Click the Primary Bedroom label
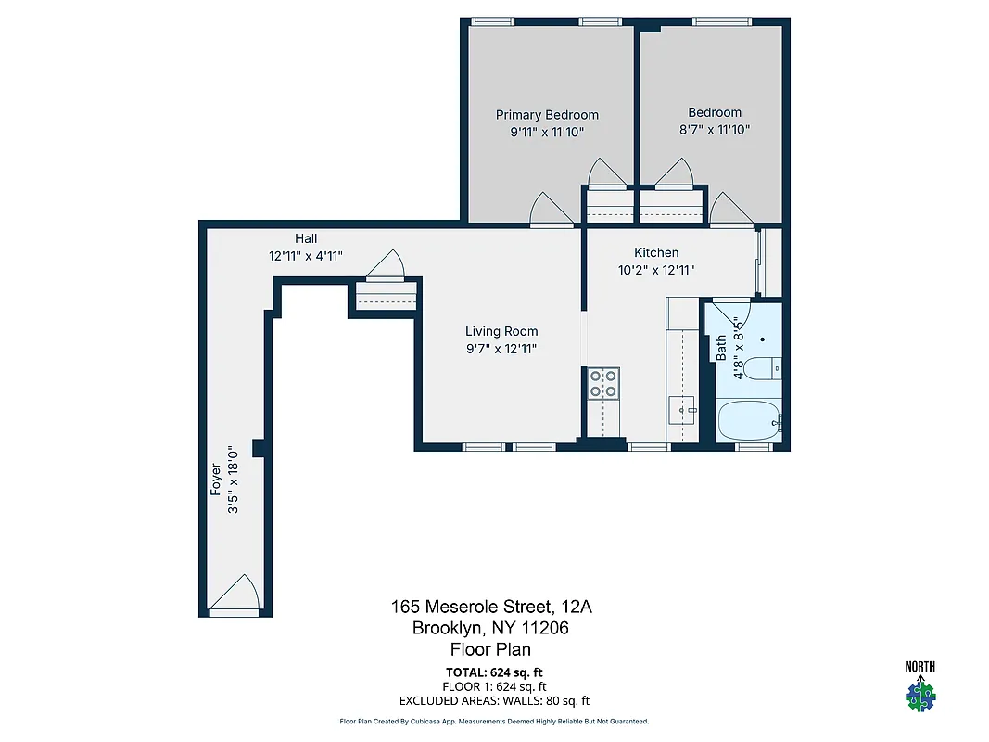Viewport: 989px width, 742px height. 547,115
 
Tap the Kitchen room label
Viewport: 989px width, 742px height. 656,252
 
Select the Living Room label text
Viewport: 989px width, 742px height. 501,331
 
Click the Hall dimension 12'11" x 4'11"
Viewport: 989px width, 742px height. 306,256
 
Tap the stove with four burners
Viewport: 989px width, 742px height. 602,383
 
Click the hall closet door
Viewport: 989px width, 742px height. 385,266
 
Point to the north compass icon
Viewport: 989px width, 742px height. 919,688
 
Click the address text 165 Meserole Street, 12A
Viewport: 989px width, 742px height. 490,607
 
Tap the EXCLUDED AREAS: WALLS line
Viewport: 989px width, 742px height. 494,701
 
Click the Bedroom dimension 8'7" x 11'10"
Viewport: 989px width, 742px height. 714,130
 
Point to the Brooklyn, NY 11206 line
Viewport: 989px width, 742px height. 490,628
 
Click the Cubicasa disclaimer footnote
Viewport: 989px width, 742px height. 494,721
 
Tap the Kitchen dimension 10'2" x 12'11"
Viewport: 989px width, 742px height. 656,270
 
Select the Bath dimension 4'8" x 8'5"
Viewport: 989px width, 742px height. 739,348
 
